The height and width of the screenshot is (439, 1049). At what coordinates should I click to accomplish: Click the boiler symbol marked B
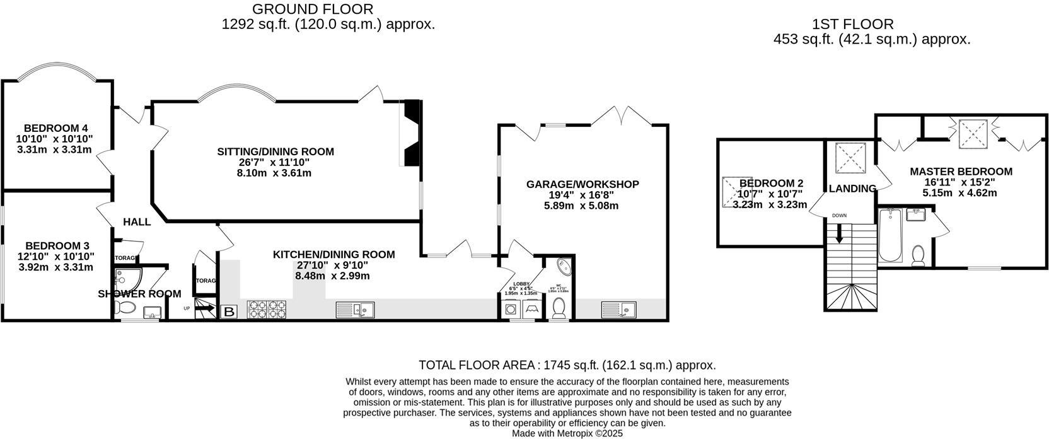[x=229, y=311]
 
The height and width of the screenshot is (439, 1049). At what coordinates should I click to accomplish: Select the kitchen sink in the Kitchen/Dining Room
[x=356, y=309]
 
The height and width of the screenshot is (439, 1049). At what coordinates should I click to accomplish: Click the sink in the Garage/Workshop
[x=619, y=309]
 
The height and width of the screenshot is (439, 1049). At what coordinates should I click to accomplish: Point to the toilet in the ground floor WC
[x=559, y=308]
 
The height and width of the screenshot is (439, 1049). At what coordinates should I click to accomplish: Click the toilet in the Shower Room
[x=125, y=308]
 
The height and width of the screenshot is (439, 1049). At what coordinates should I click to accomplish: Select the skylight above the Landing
[x=850, y=158]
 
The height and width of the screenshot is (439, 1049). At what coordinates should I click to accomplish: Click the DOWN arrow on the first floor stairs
[x=839, y=234]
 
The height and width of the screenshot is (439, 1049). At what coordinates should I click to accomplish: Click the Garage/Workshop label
[x=582, y=184]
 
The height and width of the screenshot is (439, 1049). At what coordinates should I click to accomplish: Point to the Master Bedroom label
[x=961, y=172]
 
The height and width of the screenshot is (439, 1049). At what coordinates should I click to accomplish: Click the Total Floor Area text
[x=567, y=365]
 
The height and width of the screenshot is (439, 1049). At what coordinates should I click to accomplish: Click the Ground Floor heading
[x=313, y=9]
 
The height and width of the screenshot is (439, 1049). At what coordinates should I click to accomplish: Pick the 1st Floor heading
[x=861, y=25]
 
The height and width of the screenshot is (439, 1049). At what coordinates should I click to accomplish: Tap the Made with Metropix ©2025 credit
[x=567, y=433]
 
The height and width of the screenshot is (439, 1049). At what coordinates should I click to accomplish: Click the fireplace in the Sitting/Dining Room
[x=410, y=133]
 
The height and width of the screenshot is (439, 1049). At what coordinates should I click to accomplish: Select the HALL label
[x=137, y=222]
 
